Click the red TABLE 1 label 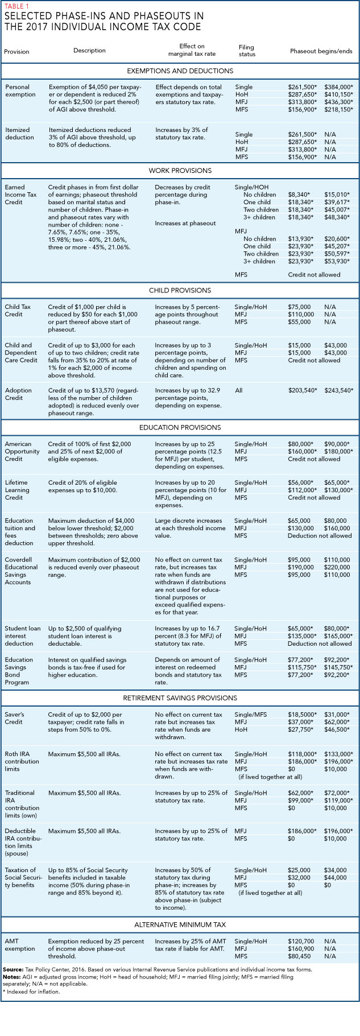[16, 6]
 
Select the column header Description [89, 51]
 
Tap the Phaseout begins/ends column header [321, 51]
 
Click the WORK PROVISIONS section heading [180, 171]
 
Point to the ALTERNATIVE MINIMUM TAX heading [180, 925]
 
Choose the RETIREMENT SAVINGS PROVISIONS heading [180, 698]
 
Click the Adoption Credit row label [18, 394]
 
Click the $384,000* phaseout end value [338, 87]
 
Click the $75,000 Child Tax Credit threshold [299, 307]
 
